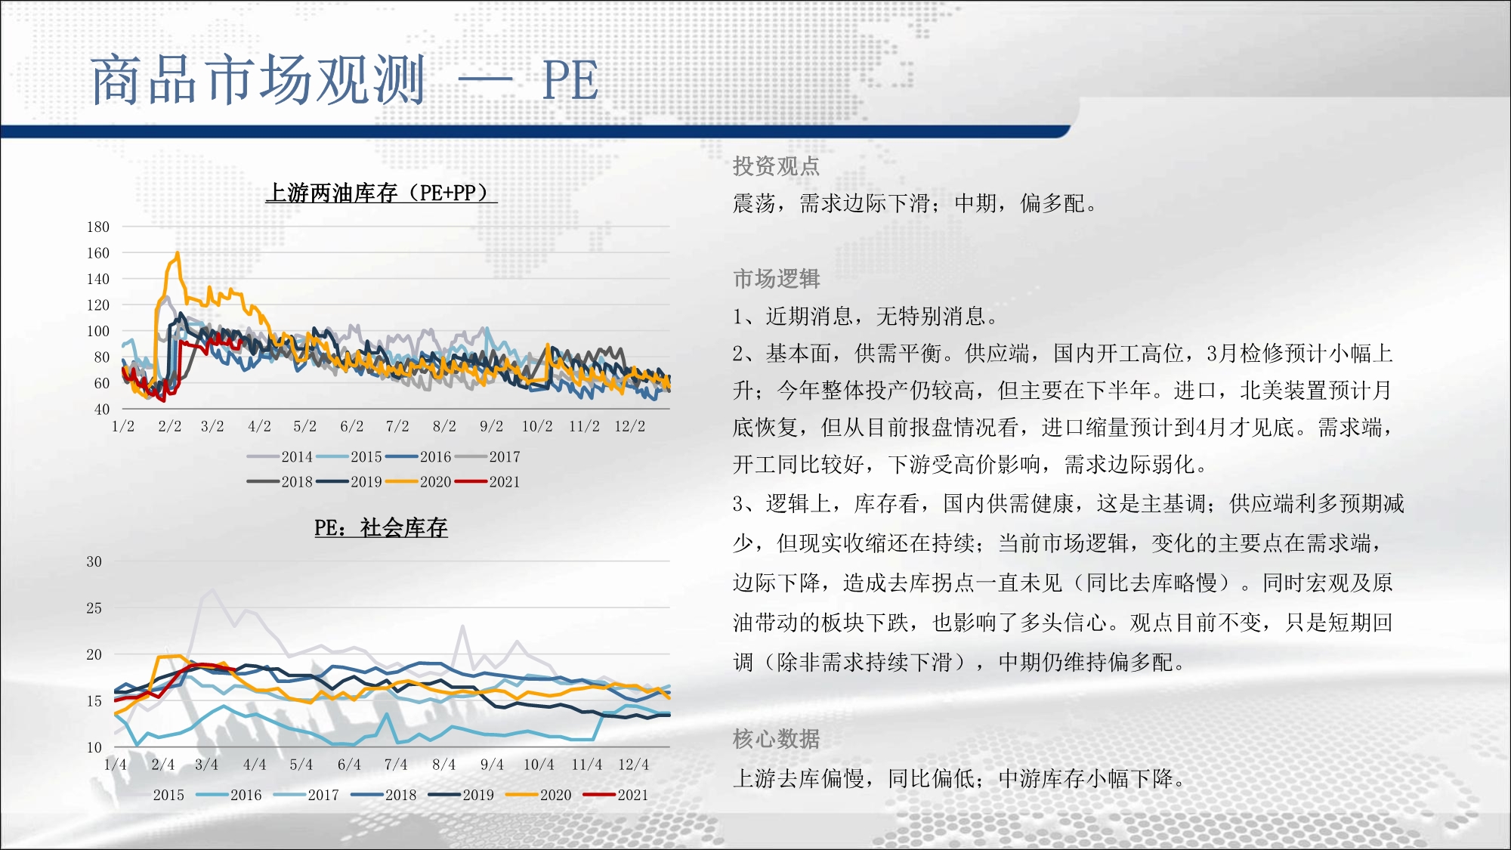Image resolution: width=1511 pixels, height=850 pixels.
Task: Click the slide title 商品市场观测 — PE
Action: click(x=345, y=79)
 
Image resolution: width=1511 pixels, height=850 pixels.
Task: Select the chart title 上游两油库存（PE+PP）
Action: click(x=382, y=193)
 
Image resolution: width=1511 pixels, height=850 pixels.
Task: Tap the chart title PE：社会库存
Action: click(x=381, y=527)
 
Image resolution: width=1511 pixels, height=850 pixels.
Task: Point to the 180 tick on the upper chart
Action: click(x=98, y=227)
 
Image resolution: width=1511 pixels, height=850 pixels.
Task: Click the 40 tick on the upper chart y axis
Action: click(x=102, y=410)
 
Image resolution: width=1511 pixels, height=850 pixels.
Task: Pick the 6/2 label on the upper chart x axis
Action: click(x=351, y=426)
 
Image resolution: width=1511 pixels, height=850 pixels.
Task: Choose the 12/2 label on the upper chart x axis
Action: click(x=629, y=426)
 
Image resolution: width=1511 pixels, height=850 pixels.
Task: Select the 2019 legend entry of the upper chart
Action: click(x=349, y=481)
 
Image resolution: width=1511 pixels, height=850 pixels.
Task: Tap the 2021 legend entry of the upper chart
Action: click(x=487, y=481)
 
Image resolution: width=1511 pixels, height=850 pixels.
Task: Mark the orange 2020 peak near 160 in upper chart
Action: click(x=178, y=253)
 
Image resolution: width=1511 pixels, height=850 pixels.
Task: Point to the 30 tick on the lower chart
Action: click(x=94, y=561)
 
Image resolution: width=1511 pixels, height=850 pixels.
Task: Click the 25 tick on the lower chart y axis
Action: click(x=94, y=608)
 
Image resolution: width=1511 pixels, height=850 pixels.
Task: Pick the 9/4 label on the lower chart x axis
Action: click(x=492, y=765)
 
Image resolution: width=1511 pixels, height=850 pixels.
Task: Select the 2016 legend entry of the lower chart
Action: click(x=229, y=795)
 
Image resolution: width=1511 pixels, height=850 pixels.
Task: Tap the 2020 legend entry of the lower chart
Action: click(x=539, y=795)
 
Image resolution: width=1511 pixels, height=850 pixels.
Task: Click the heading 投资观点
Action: click(x=776, y=166)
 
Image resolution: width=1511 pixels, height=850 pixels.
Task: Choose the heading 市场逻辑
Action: click(x=776, y=279)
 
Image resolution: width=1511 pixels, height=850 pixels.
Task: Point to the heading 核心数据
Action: click(x=776, y=739)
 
